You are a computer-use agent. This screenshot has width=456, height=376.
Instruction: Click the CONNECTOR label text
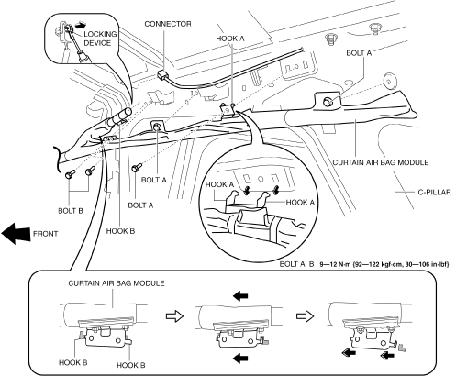[x=168, y=24]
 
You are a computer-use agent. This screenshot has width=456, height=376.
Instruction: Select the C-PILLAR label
[x=434, y=193]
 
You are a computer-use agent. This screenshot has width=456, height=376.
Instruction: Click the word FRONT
[x=45, y=234]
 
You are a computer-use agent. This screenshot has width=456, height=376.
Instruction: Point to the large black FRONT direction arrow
[x=16, y=234]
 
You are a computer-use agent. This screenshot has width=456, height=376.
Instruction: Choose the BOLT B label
[x=71, y=211]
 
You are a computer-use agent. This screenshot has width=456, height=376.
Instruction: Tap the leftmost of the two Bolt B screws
[x=70, y=175]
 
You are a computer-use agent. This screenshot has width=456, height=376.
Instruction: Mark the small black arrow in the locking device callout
[x=80, y=26]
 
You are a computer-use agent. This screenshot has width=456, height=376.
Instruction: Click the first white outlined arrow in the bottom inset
[x=174, y=316]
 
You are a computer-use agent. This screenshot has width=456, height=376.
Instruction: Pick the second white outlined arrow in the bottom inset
[x=306, y=316]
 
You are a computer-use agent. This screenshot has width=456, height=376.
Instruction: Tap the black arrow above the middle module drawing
[x=240, y=296]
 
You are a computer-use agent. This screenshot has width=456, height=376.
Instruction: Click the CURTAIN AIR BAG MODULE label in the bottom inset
[x=117, y=283]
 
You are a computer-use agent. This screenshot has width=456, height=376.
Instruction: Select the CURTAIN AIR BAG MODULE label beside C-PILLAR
[x=381, y=162]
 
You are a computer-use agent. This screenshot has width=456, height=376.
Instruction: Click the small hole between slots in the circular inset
[x=261, y=179]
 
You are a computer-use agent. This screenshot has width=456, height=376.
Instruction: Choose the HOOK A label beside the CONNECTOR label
[x=230, y=39]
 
